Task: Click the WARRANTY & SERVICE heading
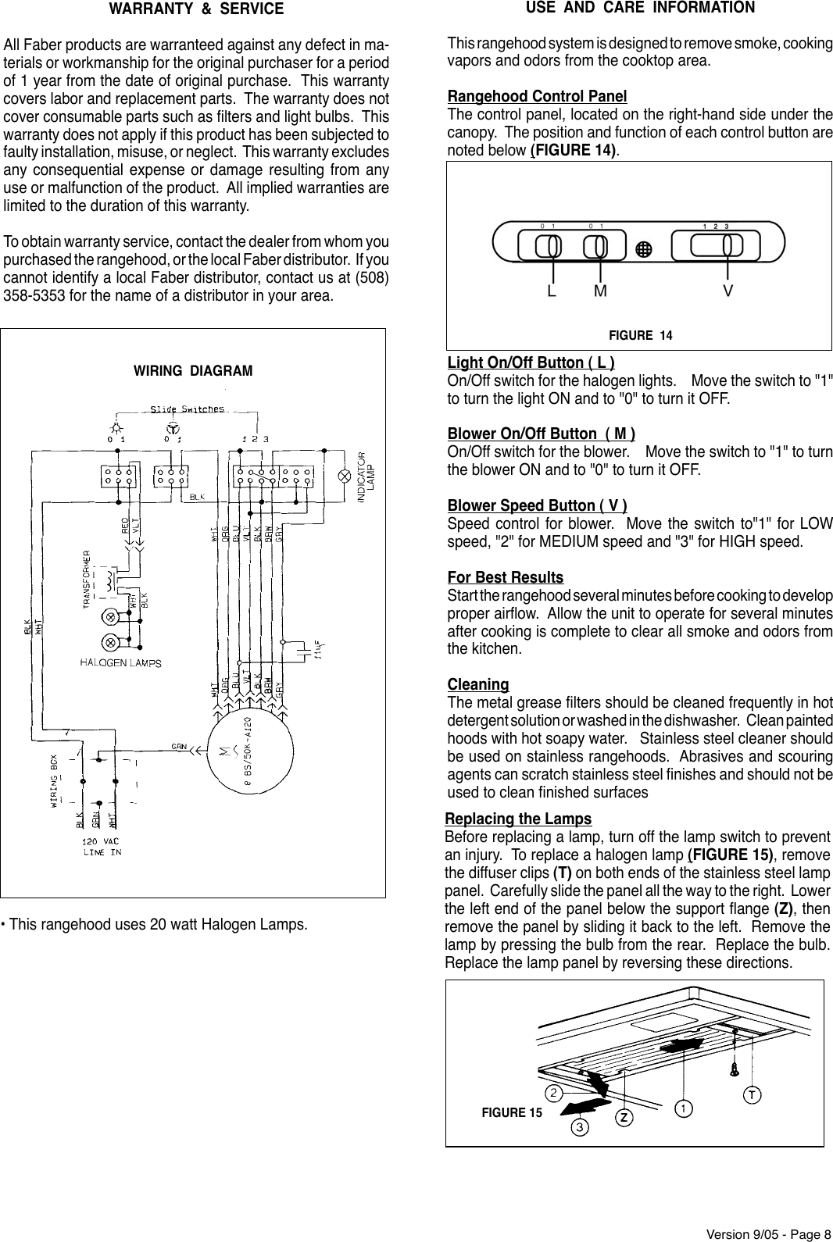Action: pos(196,10)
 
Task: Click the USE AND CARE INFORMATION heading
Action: pos(640,8)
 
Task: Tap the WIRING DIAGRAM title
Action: pos(193,371)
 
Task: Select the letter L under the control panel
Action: pos(552,291)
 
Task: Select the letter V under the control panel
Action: pos(728,291)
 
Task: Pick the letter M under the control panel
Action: pos(600,291)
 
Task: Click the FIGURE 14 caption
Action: pos(640,336)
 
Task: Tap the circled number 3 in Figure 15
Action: pos(579,1127)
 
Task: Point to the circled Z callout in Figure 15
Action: pos(624,1117)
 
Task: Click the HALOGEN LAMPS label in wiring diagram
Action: pos(121,663)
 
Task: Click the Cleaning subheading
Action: pos(478,685)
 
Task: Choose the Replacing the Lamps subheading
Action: pos(518,819)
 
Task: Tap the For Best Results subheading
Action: pos(506,578)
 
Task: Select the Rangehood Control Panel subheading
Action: pos(537,97)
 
